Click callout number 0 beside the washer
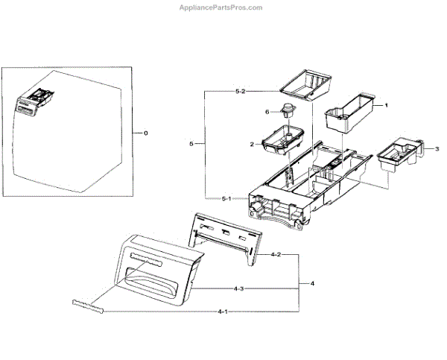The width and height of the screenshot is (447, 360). [145, 132]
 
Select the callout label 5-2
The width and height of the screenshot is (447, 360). [240, 91]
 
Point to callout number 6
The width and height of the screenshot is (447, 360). [267, 112]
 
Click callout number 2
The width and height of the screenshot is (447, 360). [252, 143]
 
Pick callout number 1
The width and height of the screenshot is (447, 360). [386, 106]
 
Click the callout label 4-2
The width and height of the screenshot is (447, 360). [275, 255]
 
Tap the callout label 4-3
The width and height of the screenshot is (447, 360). [240, 288]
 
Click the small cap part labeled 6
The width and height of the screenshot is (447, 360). [287, 114]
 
